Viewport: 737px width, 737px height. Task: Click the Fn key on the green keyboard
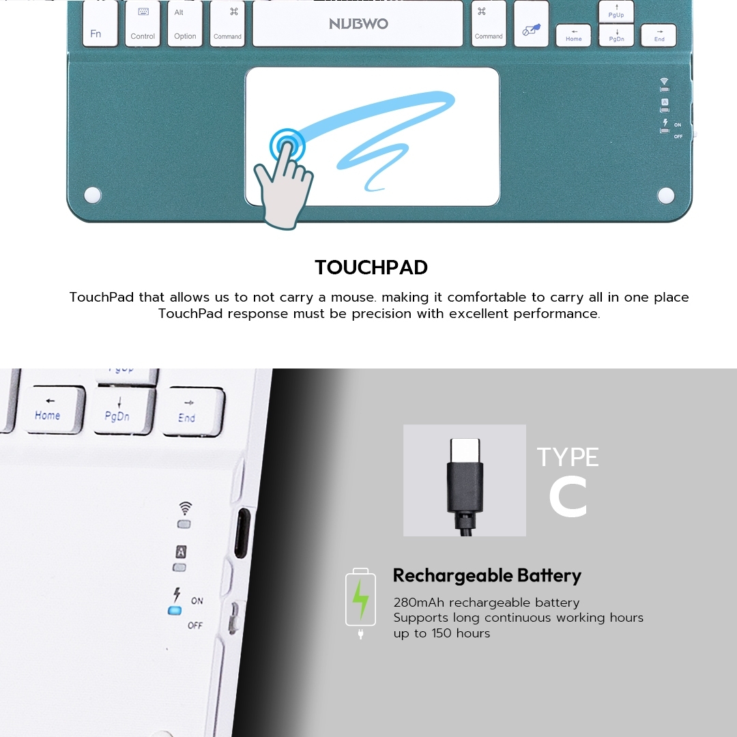(100, 23)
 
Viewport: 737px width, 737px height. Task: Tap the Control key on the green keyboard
(143, 23)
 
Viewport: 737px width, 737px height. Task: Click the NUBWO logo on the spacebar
(359, 23)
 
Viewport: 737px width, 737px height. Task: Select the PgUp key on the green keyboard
(616, 12)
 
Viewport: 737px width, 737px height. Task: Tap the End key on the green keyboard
(659, 35)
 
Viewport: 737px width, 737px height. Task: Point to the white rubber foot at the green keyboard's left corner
(93, 194)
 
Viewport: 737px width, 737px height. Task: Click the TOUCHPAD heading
(371, 268)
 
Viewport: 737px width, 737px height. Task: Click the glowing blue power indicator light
(175, 611)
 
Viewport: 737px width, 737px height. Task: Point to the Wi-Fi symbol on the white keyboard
(186, 508)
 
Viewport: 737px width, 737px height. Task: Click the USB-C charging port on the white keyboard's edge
(242, 534)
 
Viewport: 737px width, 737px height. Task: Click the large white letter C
(568, 497)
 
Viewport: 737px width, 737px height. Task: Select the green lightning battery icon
(360, 599)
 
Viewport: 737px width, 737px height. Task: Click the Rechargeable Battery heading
(487, 576)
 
